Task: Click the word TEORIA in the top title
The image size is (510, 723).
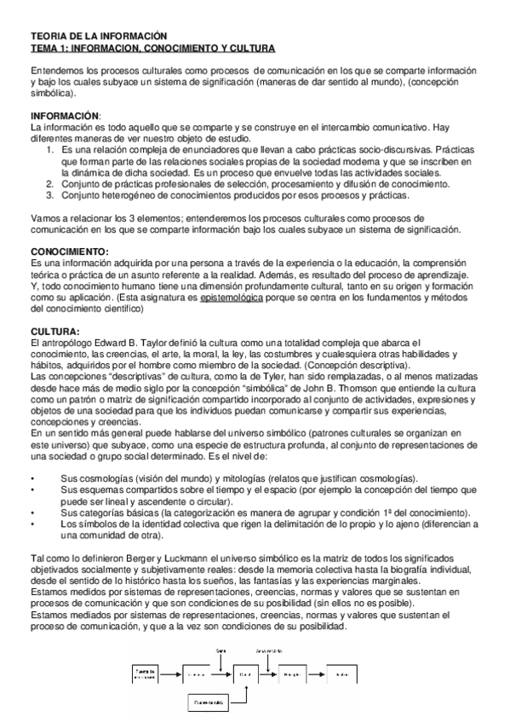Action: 48,37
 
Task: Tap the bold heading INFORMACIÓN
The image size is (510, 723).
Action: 65,115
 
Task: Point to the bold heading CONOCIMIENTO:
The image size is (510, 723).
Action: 70,252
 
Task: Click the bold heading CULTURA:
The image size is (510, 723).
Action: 54,331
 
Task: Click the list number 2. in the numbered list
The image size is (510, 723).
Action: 51,183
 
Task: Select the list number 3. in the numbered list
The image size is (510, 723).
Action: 51,194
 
